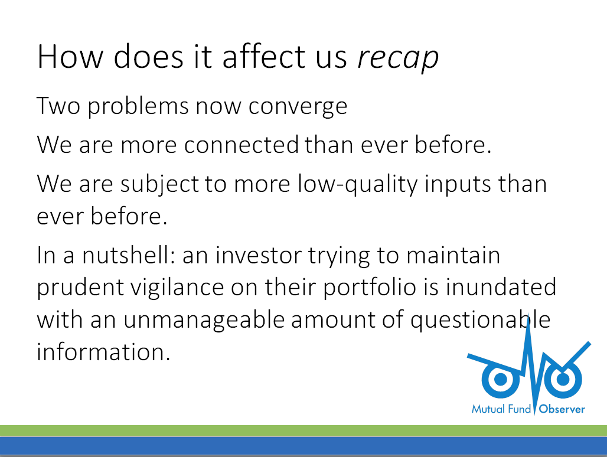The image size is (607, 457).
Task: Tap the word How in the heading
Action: (70, 57)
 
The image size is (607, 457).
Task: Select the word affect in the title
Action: (265, 56)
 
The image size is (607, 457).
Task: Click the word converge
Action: (298, 107)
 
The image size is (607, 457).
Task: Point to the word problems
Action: (139, 106)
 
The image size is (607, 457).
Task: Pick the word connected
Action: (242, 145)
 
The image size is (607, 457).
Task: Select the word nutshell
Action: (126, 255)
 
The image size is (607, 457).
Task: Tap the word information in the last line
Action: (103, 352)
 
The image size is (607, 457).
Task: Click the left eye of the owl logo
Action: (500, 379)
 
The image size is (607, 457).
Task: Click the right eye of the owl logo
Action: (563, 379)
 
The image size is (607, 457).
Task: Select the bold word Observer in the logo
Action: (562, 409)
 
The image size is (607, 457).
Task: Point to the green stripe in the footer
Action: (303, 430)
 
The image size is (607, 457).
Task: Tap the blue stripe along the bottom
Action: (303, 446)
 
